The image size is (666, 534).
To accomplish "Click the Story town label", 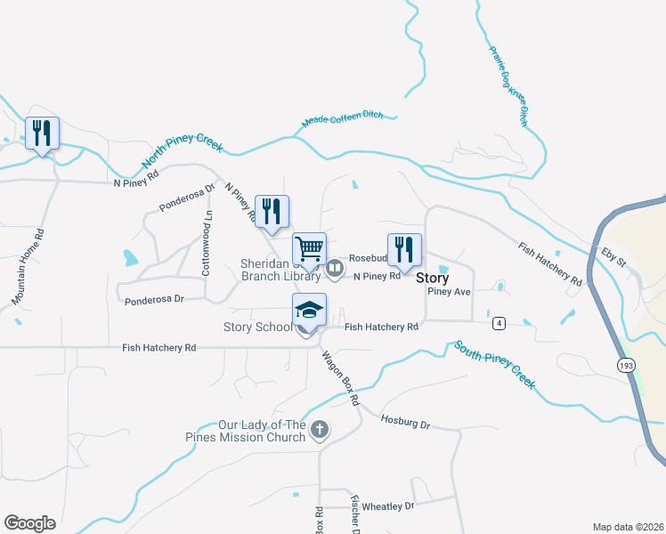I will [433, 278].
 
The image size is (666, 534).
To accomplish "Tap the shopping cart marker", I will [309, 248].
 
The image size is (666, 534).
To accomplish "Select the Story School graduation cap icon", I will [309, 310].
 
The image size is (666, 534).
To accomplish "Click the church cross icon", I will [321, 432].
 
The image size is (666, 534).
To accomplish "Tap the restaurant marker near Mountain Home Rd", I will [42, 133].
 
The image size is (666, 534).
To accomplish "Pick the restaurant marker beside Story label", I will [404, 250].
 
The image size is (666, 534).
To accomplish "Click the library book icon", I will [335, 267].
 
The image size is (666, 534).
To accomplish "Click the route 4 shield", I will [498, 321].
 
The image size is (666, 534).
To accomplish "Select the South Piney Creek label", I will [494, 364].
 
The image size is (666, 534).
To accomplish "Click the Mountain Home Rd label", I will [28, 267].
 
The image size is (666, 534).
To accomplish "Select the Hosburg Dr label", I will [405, 422].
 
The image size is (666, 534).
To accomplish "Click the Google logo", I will [29, 523].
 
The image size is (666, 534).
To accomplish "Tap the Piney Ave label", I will [449, 292].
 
